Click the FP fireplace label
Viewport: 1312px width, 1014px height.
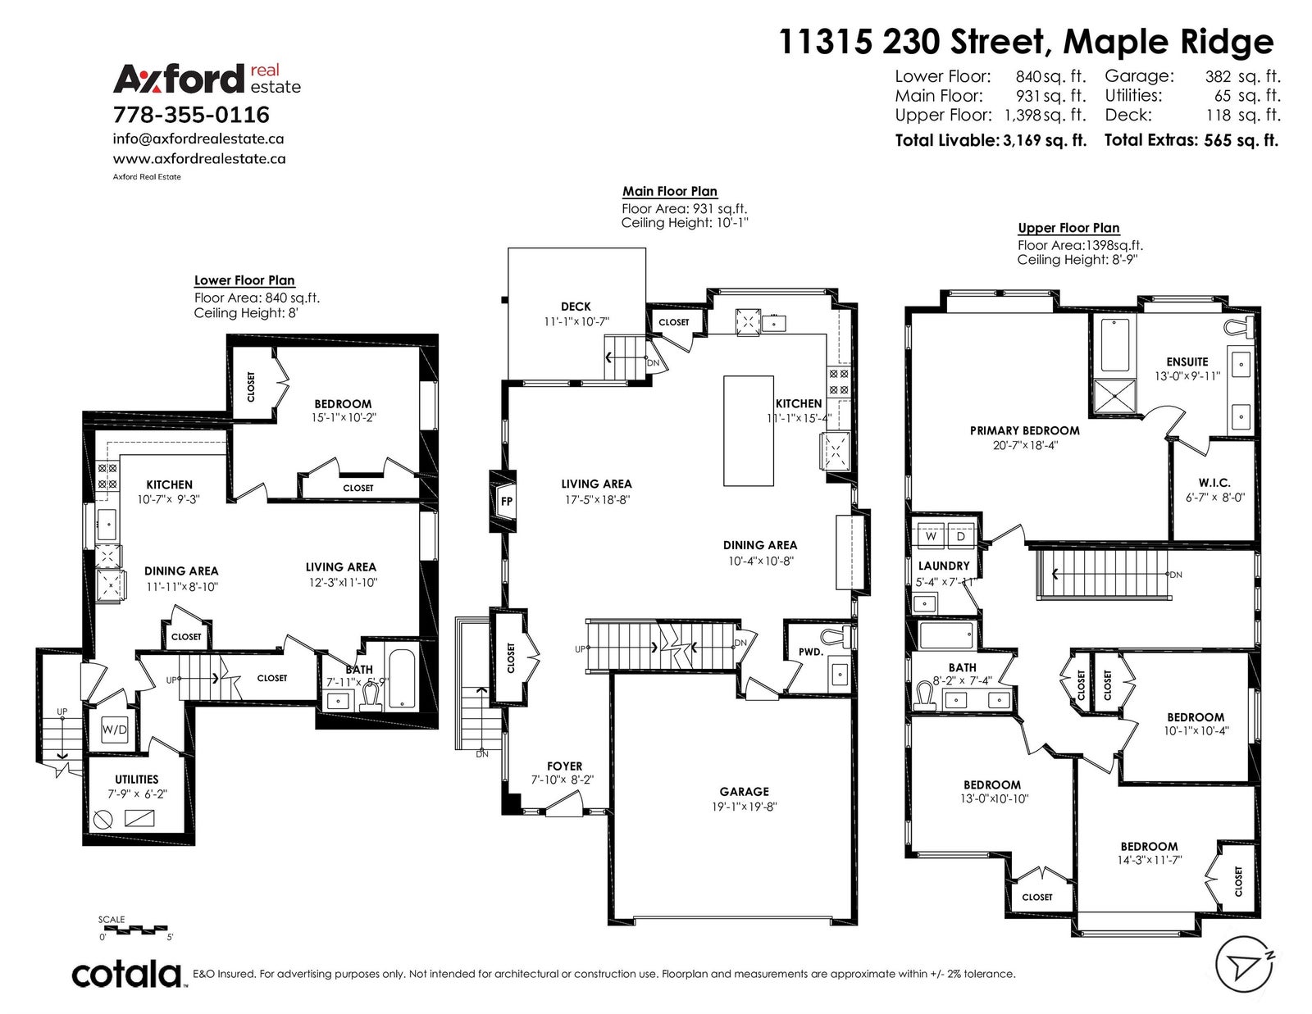coord(507,501)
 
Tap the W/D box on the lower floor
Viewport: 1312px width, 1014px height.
coord(115,730)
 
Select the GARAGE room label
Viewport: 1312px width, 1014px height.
coord(744,791)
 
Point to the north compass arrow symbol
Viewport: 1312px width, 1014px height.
coord(1245,968)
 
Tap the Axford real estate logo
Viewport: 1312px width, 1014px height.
coord(207,79)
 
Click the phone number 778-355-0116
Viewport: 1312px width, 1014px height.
coord(191,115)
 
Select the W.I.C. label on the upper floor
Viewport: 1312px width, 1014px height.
coord(1214,483)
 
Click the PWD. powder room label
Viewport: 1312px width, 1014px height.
coord(810,652)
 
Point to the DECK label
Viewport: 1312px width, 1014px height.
coord(576,307)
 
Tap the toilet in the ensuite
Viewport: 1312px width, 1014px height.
coord(1242,327)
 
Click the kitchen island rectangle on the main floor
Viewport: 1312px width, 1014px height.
coord(749,431)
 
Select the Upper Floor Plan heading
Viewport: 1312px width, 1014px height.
coord(1068,228)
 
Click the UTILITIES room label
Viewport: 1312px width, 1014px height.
coord(137,780)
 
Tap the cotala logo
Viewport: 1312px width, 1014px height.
coord(128,974)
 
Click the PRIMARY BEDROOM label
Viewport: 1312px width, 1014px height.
coord(1025,431)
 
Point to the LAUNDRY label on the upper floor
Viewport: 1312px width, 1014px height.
coord(944,566)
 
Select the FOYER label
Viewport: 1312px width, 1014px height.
coord(564,766)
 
